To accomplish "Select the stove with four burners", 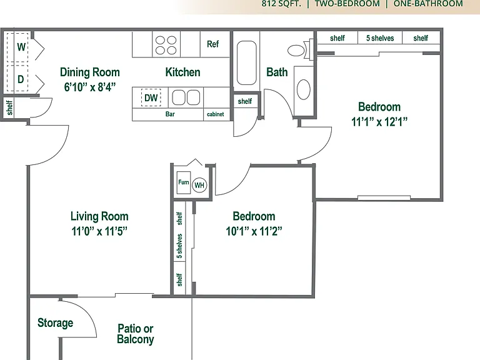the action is [166, 45].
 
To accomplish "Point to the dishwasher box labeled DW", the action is [151, 97].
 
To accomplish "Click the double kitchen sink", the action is [186, 97].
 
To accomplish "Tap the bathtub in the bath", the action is [246, 62].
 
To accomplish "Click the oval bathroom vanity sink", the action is [303, 89].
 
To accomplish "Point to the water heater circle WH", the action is [199, 185].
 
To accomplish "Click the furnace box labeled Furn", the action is [184, 182].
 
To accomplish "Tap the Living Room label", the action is [99, 216].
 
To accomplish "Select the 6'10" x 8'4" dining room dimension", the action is [90, 87].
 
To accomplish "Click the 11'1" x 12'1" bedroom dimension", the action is [379, 122].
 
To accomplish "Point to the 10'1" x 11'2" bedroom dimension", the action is [254, 231].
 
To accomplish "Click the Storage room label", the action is [56, 323].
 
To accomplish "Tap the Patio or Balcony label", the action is [135, 334].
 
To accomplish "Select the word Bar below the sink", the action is [170, 114].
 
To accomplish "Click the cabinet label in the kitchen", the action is [216, 114].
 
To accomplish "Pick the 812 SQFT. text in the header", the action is [281, 4].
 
